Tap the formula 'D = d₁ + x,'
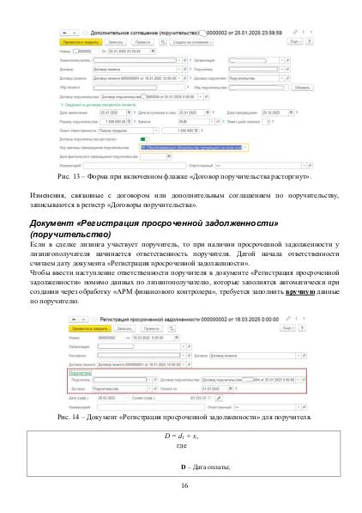(x=181, y=437)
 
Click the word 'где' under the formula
(x=181, y=445)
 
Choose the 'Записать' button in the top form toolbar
(x=117, y=40)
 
